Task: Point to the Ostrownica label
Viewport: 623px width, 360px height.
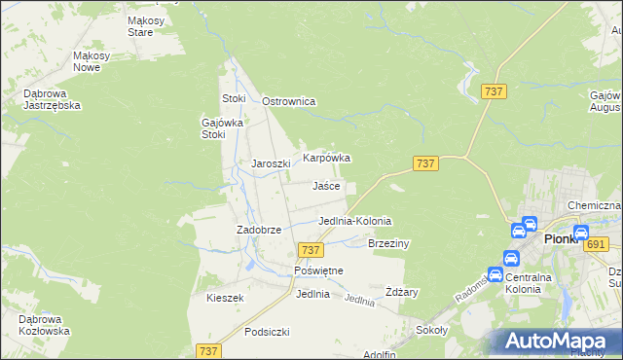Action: click(289, 101)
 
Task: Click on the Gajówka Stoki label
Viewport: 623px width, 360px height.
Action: click(220, 128)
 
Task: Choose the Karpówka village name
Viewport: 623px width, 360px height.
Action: click(326, 157)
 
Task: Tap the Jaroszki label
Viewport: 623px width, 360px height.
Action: click(272, 163)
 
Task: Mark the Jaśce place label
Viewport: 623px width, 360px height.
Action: click(326, 186)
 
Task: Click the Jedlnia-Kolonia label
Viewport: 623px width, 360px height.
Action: click(354, 221)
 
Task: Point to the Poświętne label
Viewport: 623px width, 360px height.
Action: click(317, 270)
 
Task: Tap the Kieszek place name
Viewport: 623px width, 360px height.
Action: click(224, 298)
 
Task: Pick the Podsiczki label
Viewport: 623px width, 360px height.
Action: click(268, 332)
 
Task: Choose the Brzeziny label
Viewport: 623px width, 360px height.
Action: click(388, 243)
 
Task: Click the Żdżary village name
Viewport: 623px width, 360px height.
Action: click(401, 292)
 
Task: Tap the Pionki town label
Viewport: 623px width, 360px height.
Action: click(562, 238)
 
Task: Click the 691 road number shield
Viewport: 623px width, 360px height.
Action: click(596, 244)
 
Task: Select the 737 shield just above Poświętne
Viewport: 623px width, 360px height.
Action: click(311, 250)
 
